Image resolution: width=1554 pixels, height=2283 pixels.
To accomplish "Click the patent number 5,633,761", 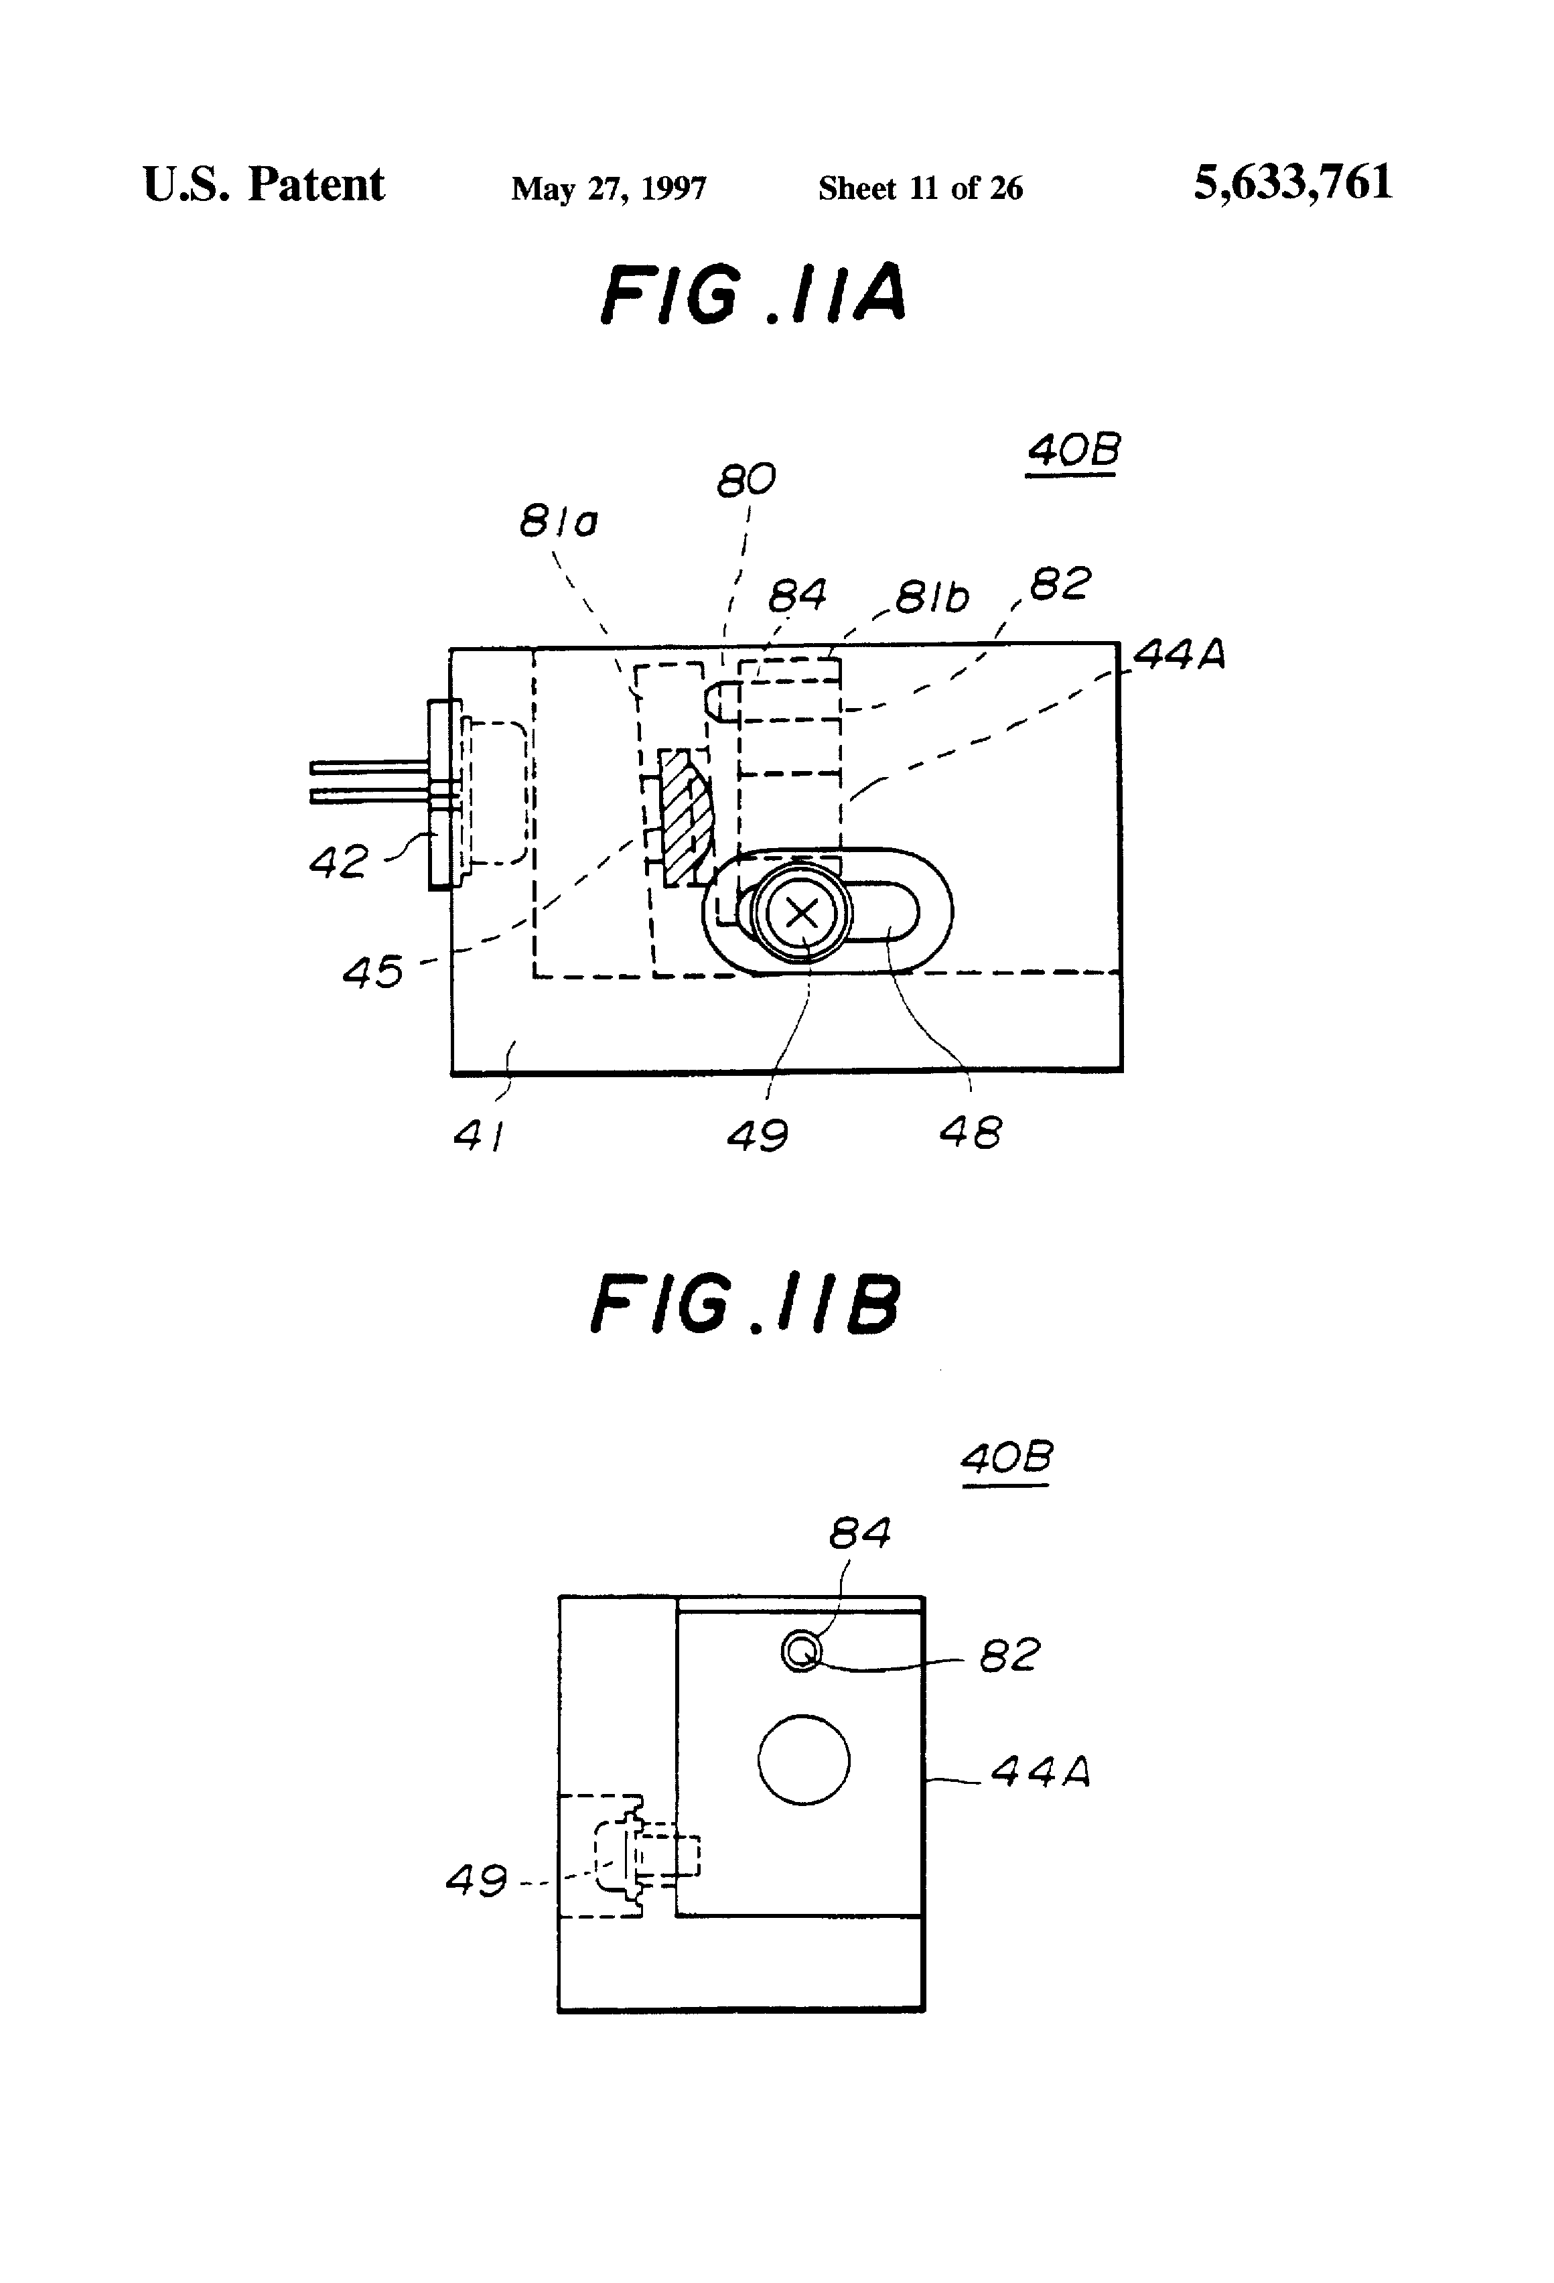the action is (x=1293, y=183).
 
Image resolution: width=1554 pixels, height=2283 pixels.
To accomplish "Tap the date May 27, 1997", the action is (x=608, y=188).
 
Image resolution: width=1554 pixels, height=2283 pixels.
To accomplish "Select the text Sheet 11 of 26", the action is (x=920, y=188).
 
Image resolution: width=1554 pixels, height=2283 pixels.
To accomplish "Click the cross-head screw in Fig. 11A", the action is (x=802, y=914).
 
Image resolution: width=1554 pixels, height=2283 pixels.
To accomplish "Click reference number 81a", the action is (x=558, y=521).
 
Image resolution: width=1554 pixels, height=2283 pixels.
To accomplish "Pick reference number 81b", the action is (x=932, y=596).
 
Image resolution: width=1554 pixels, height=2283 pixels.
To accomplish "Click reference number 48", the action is (x=971, y=1133).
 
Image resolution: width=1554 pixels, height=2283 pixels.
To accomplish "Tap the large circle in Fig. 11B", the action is (x=804, y=1759).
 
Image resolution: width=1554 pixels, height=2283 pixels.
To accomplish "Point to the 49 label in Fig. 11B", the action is (x=476, y=1880).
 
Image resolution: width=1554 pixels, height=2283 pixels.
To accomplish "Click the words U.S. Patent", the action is (x=263, y=185).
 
